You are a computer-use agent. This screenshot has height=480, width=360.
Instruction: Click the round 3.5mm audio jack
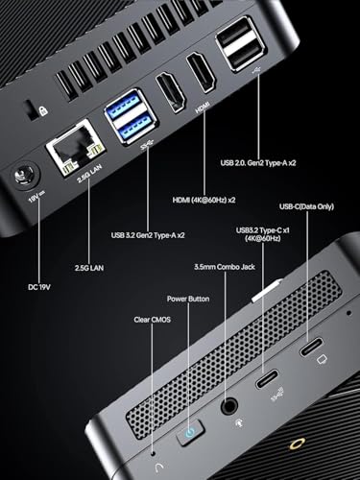tap(229, 407)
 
